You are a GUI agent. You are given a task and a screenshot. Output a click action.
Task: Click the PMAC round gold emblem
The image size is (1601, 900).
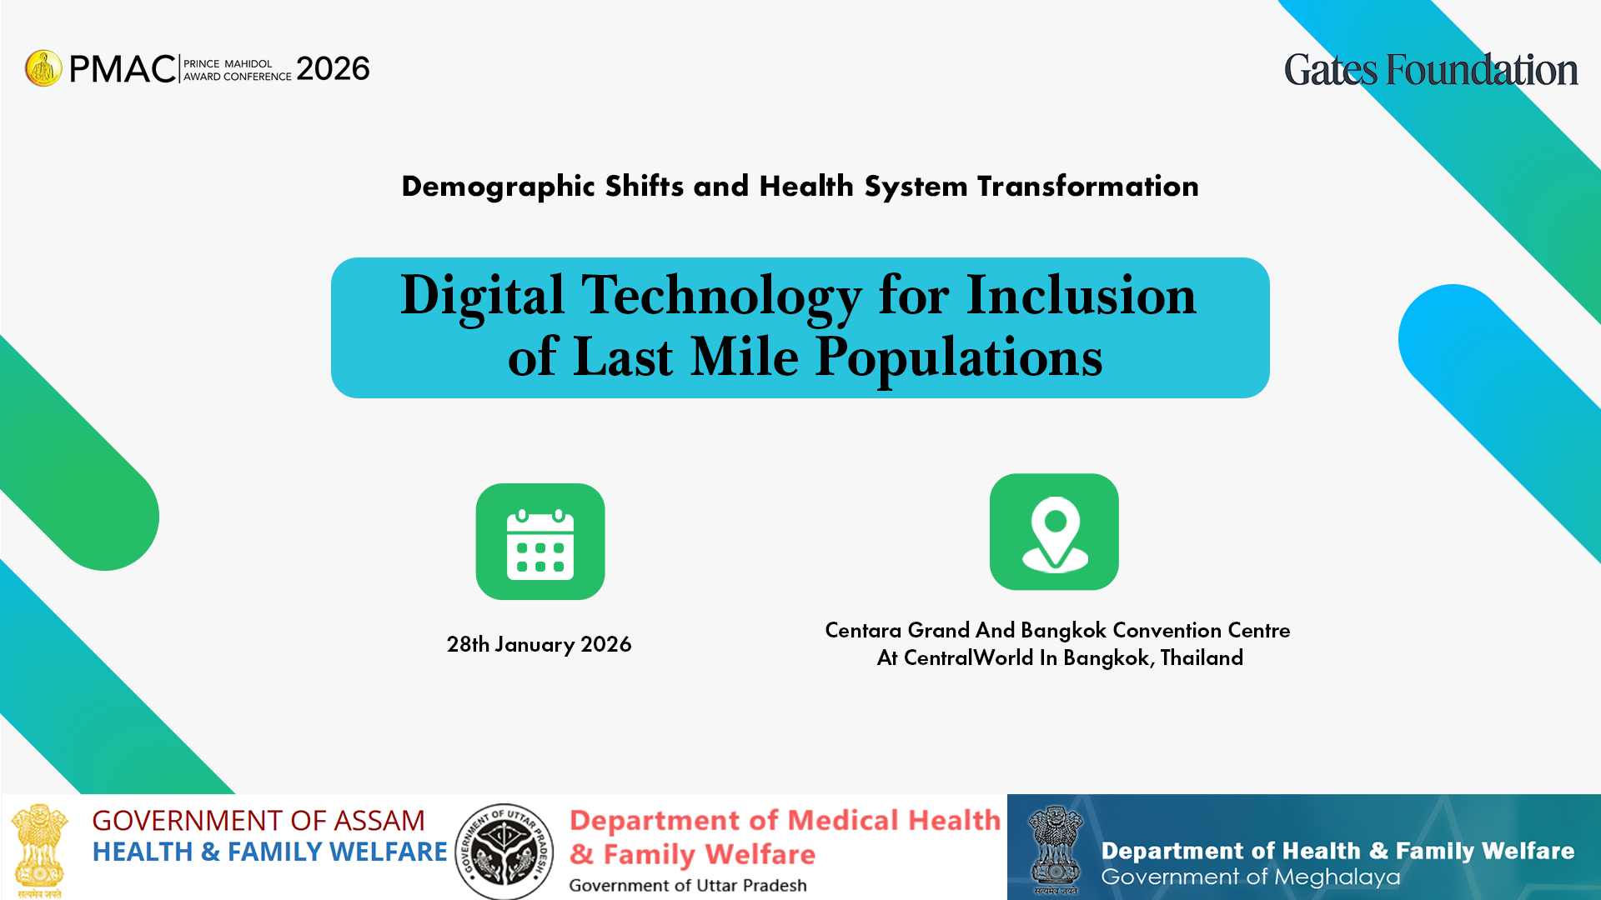tap(43, 68)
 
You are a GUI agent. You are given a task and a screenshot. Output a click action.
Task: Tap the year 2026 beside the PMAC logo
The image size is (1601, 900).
tap(333, 68)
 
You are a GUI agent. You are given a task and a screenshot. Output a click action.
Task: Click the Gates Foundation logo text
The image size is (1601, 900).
tap(1431, 70)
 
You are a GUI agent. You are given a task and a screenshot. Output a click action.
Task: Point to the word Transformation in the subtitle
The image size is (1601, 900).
tap(1088, 186)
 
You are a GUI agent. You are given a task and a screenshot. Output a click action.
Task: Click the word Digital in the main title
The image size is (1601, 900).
tap(483, 297)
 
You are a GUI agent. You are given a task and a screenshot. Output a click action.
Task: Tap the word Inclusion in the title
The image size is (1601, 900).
tap(1082, 295)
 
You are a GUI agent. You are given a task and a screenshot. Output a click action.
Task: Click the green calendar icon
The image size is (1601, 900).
tap(540, 542)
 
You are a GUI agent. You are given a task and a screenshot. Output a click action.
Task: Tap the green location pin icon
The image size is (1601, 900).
tap(1054, 532)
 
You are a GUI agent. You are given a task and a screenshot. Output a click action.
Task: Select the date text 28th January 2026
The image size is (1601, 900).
tap(539, 644)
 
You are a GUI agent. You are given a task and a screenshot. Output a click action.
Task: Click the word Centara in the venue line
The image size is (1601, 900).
tap(864, 630)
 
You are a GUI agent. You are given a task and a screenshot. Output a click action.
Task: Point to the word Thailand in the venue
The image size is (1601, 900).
tap(1202, 657)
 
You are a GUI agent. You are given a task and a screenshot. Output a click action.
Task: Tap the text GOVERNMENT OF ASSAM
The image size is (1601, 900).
tap(258, 821)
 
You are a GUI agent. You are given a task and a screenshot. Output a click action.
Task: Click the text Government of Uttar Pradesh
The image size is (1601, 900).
tap(688, 885)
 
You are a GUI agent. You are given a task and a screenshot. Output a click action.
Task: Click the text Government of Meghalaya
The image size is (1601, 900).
tap(1251, 877)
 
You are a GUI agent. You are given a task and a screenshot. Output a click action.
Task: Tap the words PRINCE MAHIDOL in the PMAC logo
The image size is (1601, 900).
tap(228, 63)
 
